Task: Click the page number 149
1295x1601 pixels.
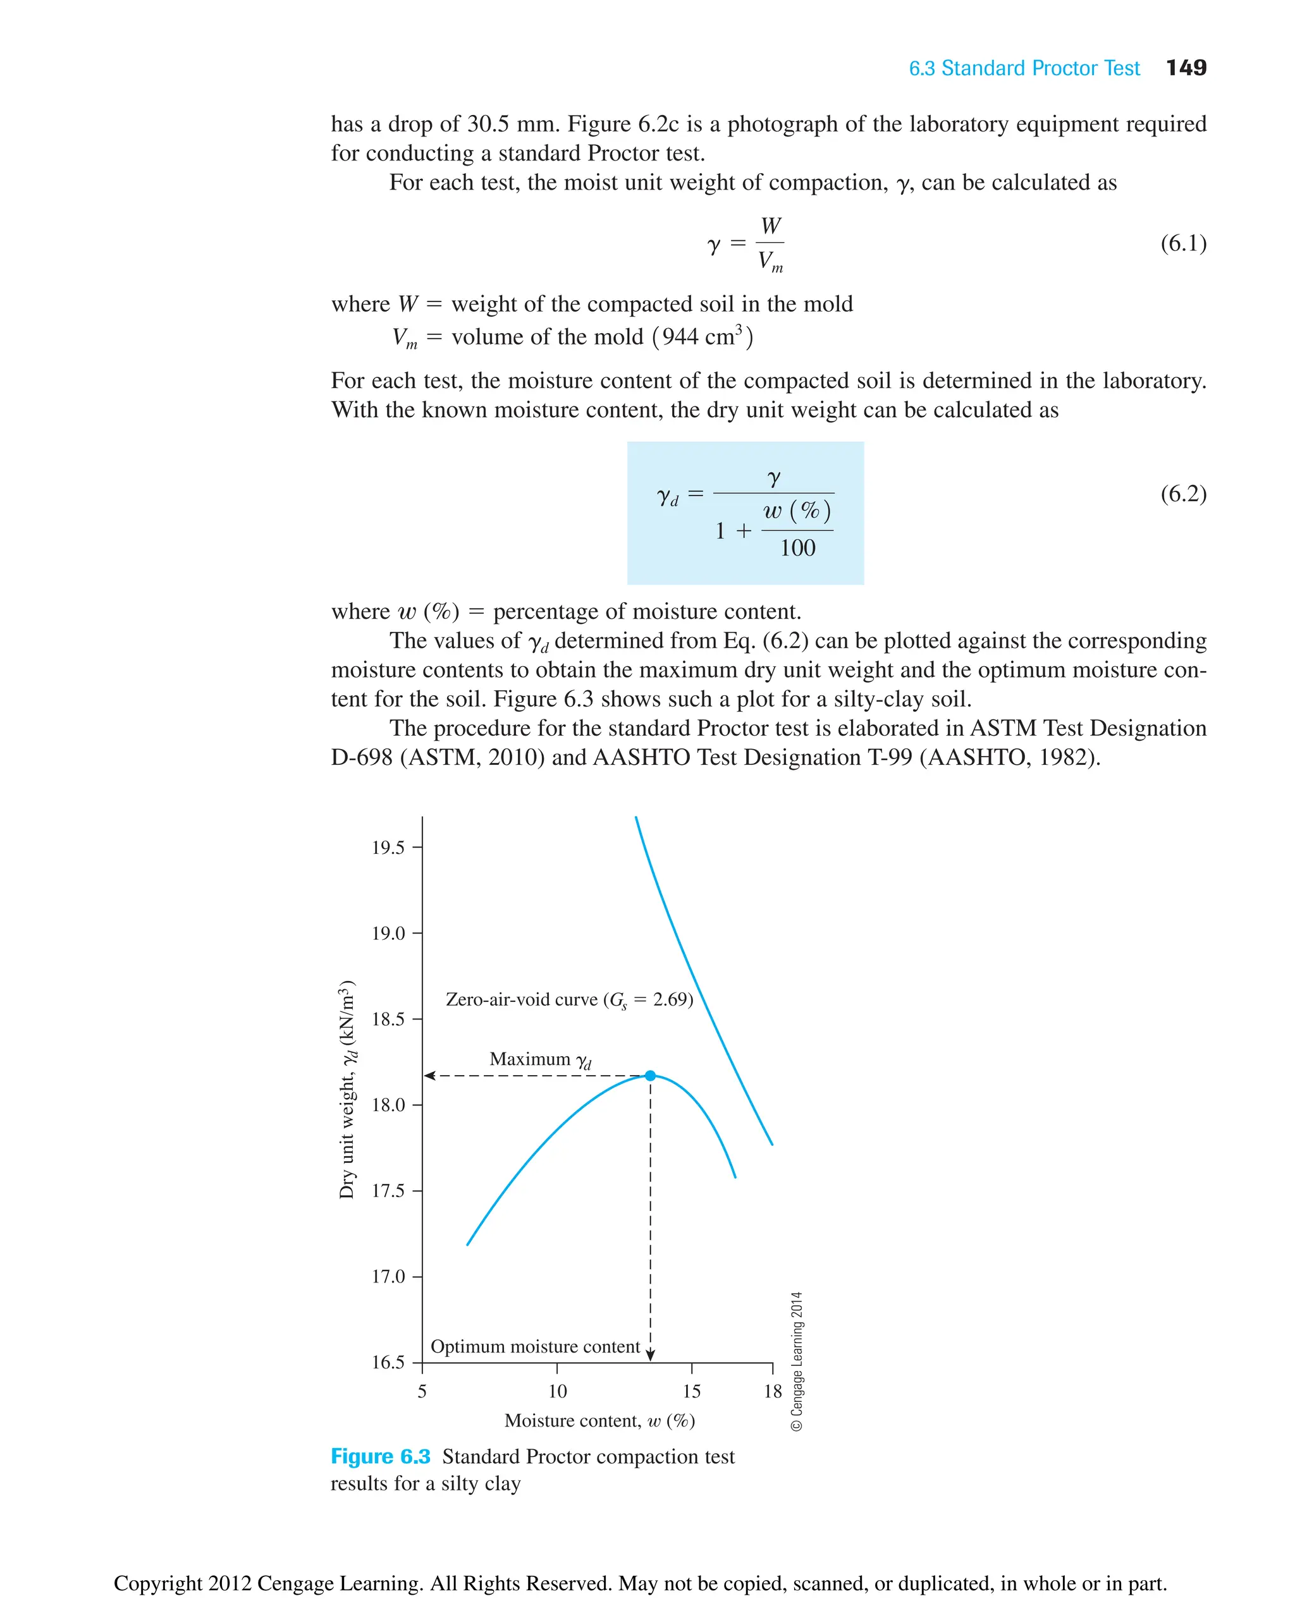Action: tap(1186, 68)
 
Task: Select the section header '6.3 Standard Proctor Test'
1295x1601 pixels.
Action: tap(1024, 69)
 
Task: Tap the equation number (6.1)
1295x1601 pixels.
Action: tap(1183, 243)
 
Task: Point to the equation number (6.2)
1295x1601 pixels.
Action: tap(1183, 494)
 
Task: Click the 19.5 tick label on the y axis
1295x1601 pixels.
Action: tap(388, 848)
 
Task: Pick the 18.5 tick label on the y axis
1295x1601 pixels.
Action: tap(388, 1020)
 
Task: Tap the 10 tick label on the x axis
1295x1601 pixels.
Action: tap(557, 1391)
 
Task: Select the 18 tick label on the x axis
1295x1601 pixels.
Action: tap(773, 1391)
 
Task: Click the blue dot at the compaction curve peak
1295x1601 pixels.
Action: tap(651, 1076)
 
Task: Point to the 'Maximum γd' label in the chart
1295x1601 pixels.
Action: tap(540, 1059)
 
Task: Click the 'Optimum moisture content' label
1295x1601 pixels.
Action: tap(535, 1347)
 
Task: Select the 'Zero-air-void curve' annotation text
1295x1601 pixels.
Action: tap(569, 1000)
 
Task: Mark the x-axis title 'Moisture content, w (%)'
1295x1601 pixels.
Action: tap(599, 1420)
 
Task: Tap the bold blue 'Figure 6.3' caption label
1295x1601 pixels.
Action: tap(381, 1456)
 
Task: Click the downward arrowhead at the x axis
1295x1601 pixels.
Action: tap(651, 1356)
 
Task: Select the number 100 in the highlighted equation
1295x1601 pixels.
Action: tap(797, 548)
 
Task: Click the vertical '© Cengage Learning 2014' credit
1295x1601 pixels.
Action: tap(797, 1361)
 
